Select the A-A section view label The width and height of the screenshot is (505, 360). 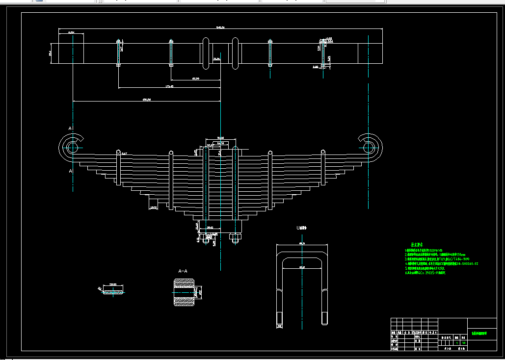[x=183, y=270]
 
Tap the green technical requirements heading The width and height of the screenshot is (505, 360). [x=417, y=244]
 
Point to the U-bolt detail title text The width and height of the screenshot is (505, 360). [x=301, y=228]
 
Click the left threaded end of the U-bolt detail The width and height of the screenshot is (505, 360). [x=280, y=318]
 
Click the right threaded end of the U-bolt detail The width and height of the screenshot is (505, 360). [x=324, y=318]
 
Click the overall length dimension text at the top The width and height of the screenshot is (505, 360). [x=220, y=27]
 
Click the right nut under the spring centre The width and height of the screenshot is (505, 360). [x=235, y=238]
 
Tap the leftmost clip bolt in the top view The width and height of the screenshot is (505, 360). [x=119, y=52]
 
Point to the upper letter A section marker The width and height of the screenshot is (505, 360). [x=70, y=129]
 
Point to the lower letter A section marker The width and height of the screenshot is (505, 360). [x=70, y=171]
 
